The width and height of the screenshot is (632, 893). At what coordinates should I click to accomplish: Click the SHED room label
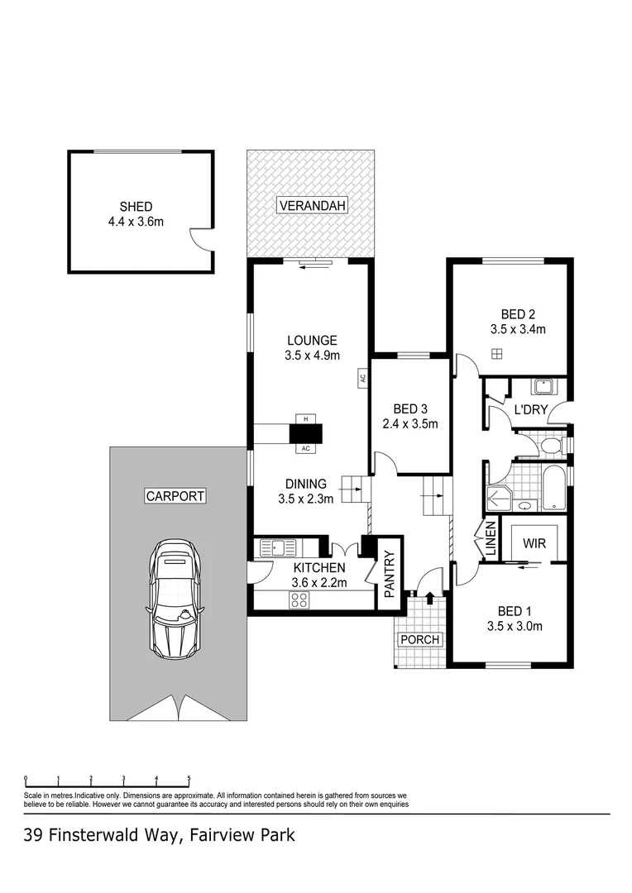tap(136, 207)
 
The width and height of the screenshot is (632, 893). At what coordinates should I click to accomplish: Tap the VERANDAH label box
tap(312, 206)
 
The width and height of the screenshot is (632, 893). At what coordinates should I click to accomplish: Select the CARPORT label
tap(175, 496)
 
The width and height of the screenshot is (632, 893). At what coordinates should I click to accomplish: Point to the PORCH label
tap(419, 640)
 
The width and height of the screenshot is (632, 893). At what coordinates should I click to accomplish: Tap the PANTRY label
tap(390, 575)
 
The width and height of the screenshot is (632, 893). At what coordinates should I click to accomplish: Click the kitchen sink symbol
tap(274, 547)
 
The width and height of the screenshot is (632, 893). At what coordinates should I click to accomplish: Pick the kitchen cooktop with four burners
tap(299, 602)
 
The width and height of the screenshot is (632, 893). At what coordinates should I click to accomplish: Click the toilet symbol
tap(550, 446)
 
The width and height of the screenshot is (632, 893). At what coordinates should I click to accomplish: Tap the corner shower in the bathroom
tap(498, 494)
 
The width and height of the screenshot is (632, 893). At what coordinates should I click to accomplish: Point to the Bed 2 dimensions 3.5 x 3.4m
tap(518, 329)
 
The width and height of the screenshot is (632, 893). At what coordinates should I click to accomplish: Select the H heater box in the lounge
tap(306, 419)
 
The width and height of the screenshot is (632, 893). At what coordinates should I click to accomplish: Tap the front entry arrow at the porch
tap(429, 597)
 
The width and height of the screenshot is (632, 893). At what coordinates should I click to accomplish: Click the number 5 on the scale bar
tap(189, 778)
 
